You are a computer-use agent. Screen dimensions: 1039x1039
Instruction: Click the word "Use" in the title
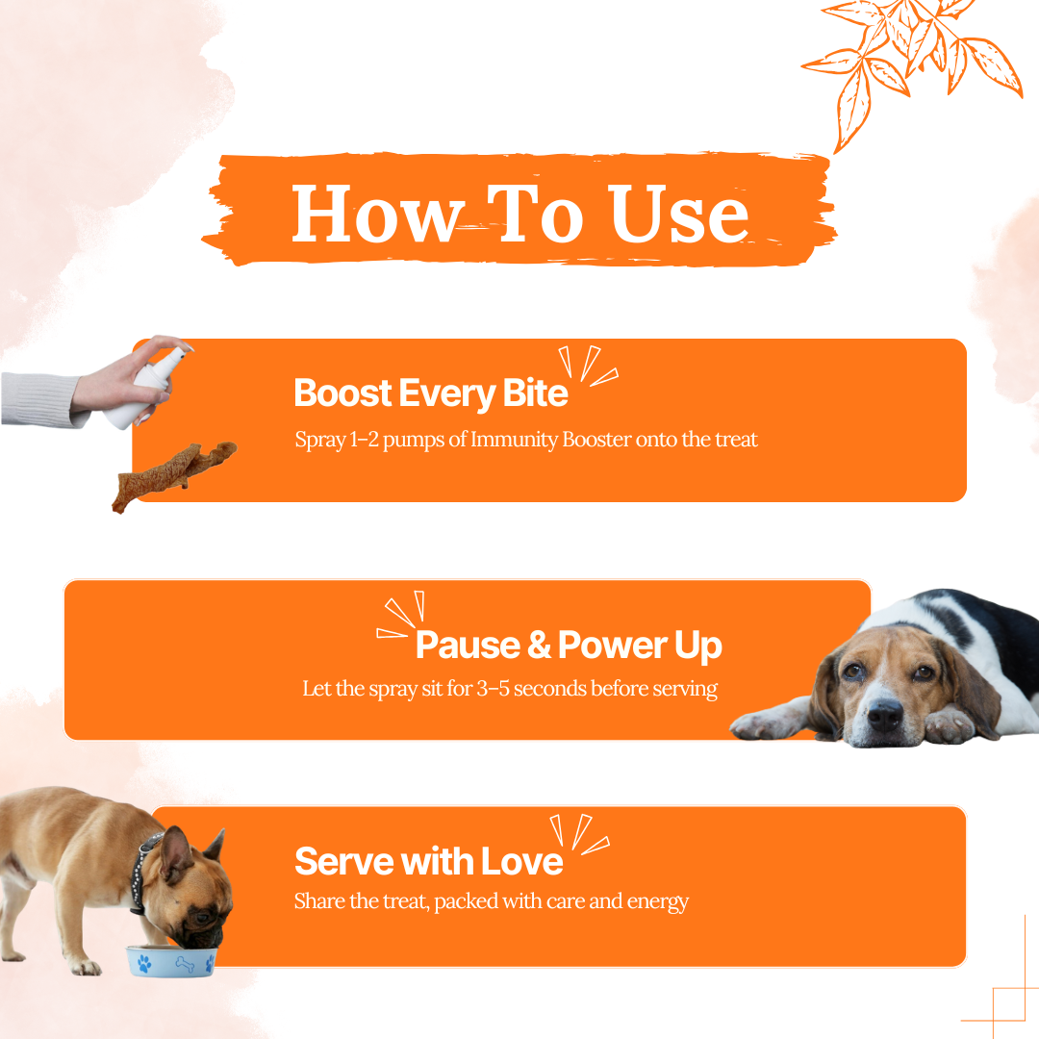pyautogui.click(x=679, y=214)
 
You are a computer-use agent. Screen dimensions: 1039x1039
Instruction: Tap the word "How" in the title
pyautogui.click(x=377, y=214)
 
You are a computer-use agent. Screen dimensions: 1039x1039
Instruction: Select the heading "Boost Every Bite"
pyautogui.click(x=431, y=393)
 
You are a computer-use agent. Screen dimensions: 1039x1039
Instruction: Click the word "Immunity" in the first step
pyautogui.click(x=514, y=440)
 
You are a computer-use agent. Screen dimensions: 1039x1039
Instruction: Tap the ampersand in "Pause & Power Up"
pyautogui.click(x=539, y=645)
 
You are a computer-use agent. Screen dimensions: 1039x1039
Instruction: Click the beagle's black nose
pyautogui.click(x=884, y=714)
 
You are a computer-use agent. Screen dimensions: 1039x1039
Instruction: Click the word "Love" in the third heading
pyautogui.click(x=522, y=861)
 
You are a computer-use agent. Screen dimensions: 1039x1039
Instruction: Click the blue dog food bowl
pyautogui.click(x=171, y=961)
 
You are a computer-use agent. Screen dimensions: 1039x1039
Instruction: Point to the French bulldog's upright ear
pyautogui.click(x=175, y=855)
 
